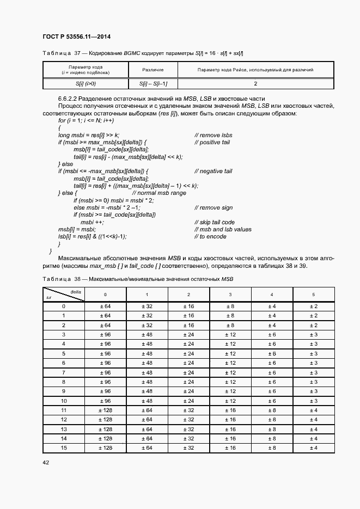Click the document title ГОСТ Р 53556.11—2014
coord(76,36)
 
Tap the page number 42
coord(46,462)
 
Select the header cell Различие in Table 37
coord(153,70)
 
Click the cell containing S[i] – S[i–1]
coord(153,84)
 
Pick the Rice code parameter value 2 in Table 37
coord(255,84)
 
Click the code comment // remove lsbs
coord(213,134)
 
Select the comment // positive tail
coord(212,142)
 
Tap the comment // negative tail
coord(213,171)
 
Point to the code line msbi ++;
coord(92,222)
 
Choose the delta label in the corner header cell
coord(76,291)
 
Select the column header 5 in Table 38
coord(313,295)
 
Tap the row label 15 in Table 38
coord(63,447)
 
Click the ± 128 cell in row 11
coord(105,410)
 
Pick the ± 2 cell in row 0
coord(313,306)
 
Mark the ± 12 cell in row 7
coord(230,372)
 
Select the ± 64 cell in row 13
coord(147,428)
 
